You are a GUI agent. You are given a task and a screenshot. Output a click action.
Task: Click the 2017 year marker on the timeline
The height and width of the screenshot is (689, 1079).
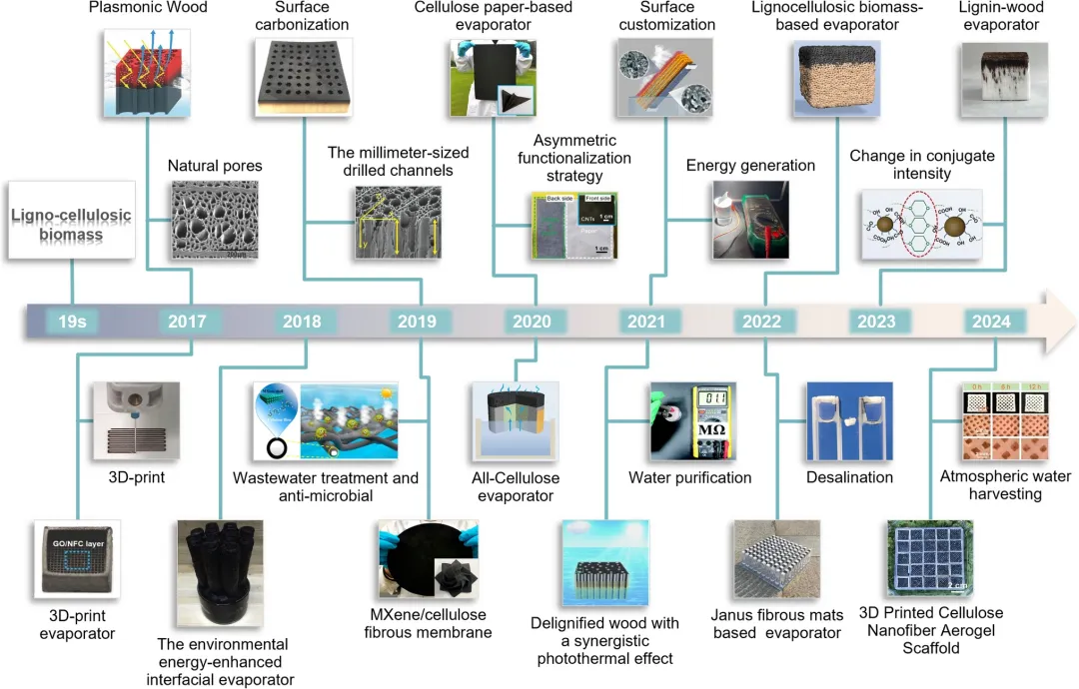click(187, 322)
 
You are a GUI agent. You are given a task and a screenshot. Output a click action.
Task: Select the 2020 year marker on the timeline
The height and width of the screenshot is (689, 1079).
click(532, 322)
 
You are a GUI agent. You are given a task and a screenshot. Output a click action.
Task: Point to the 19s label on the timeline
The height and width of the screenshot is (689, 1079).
click(72, 322)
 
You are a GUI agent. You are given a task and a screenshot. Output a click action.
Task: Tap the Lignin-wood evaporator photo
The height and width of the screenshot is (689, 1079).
click(996, 85)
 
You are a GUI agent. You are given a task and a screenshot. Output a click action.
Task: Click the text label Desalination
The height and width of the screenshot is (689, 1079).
click(849, 477)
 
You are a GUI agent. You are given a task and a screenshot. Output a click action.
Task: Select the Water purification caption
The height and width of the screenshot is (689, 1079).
click(689, 477)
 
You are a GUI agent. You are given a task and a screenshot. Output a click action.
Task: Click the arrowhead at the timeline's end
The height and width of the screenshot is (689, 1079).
click(1059, 322)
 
